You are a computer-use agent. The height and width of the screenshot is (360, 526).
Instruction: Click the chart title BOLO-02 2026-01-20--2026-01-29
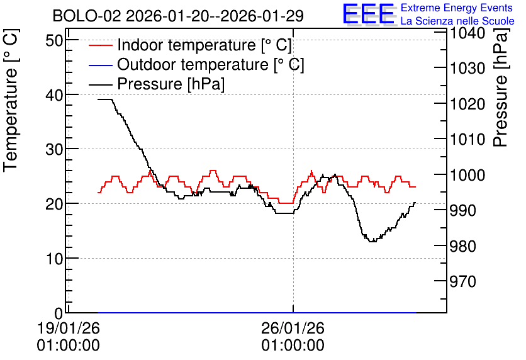point(178,16)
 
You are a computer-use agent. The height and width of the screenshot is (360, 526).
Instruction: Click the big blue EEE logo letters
point(369,14)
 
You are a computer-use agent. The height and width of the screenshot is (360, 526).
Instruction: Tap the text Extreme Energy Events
point(457,8)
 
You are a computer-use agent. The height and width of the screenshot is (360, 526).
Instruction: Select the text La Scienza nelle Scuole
point(457,21)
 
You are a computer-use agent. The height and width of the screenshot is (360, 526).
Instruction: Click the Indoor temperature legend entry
point(191,45)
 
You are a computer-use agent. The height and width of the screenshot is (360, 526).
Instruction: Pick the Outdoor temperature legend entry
point(196,64)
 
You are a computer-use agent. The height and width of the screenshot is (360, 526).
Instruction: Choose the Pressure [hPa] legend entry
point(157,84)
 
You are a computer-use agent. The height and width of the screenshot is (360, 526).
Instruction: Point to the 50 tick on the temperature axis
point(54,41)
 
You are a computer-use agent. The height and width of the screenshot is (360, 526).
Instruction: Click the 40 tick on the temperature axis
point(54,95)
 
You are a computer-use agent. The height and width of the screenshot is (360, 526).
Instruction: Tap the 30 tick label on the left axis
point(54,150)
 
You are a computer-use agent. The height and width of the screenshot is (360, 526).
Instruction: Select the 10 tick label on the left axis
point(54,259)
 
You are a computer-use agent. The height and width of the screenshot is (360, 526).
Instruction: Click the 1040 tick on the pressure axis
point(467,33)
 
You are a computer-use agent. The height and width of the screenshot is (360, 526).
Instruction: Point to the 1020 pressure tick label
point(467,104)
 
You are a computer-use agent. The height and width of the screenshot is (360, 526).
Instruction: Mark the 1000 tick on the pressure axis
point(467,175)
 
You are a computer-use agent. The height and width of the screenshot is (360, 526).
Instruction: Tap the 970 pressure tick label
point(463,282)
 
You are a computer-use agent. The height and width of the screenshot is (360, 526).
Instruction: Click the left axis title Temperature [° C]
point(11,101)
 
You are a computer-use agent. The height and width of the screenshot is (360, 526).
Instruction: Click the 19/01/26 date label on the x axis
point(68,328)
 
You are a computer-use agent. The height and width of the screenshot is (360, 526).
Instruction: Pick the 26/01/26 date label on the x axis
point(293,328)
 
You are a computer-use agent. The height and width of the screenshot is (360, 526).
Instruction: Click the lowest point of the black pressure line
point(372,241)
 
